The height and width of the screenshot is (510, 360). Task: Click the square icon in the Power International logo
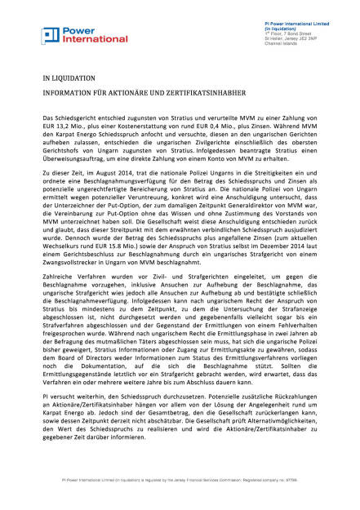(50, 35)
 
